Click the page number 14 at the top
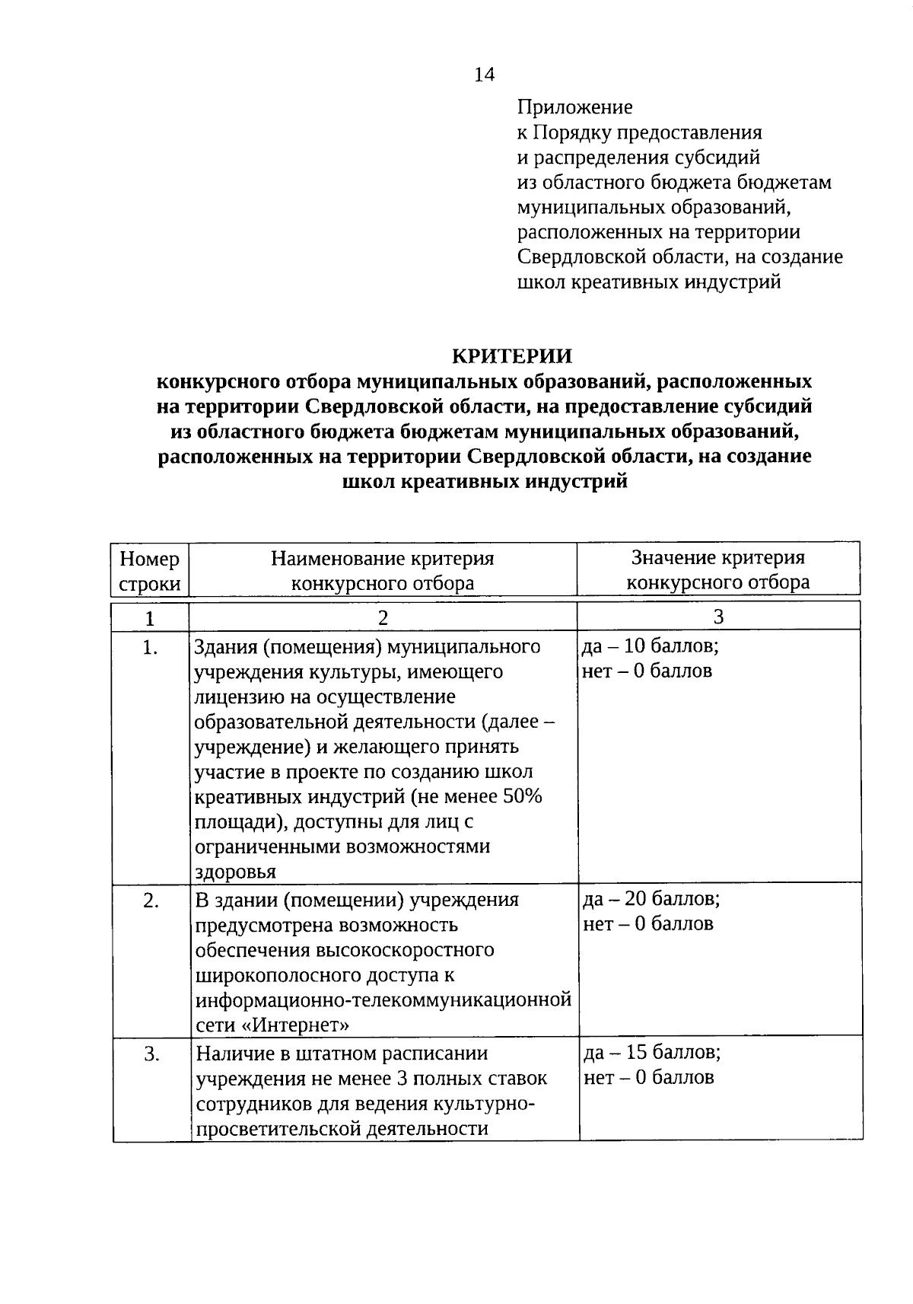[x=484, y=75]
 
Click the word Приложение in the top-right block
[x=574, y=107]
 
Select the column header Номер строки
[x=150, y=571]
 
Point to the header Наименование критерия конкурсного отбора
[x=383, y=571]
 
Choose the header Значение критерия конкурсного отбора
[x=717, y=570]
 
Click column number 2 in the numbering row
[x=383, y=617]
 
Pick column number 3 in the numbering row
[x=717, y=617]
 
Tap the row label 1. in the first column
[x=150, y=648]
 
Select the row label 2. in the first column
[x=151, y=901]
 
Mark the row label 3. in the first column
[x=151, y=1054]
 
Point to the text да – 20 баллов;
[x=651, y=899]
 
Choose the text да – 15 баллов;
[x=652, y=1053]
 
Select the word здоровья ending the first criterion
[x=235, y=872]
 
